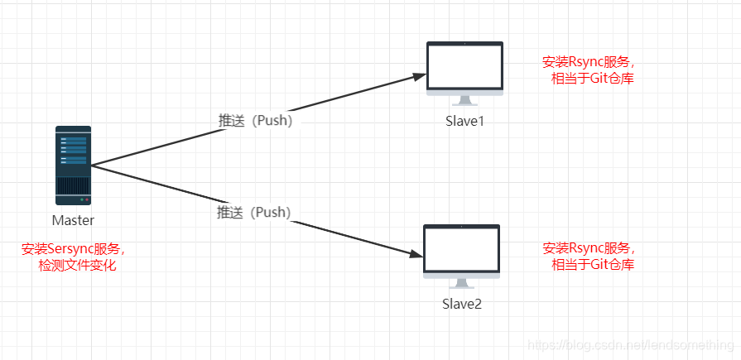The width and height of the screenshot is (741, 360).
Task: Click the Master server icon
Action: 74,165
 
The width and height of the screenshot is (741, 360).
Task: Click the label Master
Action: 73,220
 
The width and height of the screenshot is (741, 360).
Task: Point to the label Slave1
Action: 464,121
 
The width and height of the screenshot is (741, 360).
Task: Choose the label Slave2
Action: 461,304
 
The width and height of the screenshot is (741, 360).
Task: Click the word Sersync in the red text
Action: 72,248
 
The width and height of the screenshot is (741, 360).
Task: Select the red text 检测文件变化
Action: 78,265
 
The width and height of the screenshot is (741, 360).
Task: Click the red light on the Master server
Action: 85,199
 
